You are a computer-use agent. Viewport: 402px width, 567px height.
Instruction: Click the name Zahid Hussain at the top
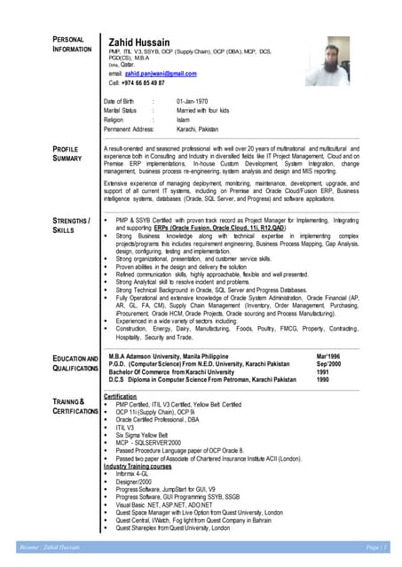147,42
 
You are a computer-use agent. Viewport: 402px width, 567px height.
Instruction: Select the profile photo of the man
326,60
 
